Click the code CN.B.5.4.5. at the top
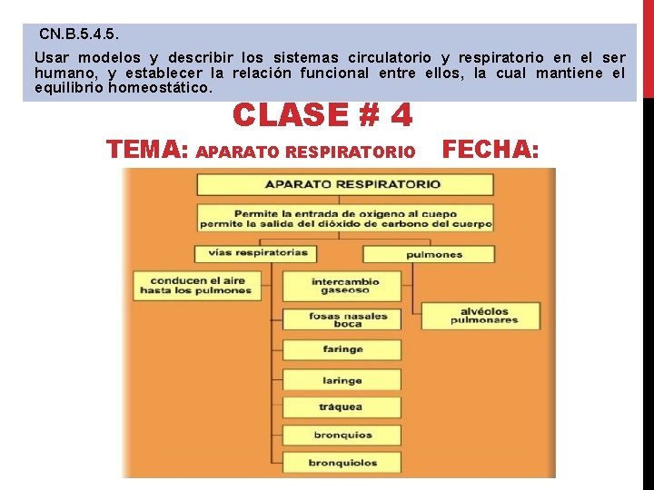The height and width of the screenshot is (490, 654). click(x=79, y=34)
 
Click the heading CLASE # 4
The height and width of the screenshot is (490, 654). click(x=322, y=115)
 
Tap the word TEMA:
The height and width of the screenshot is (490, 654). click(x=147, y=150)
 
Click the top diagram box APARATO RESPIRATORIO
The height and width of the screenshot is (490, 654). click(x=345, y=184)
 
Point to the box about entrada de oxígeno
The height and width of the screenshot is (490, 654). click(x=345, y=218)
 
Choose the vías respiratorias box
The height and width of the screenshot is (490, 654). click(x=252, y=253)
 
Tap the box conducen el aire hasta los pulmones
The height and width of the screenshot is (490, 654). click(x=194, y=286)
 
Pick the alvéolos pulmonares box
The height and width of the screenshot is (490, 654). click(x=482, y=315)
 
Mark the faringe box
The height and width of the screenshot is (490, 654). click(x=342, y=349)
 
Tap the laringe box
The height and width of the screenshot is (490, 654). click(x=342, y=380)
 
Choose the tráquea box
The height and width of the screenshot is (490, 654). click(x=342, y=407)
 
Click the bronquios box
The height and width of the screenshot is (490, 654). click(x=342, y=436)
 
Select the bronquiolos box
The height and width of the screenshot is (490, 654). click(x=342, y=464)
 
